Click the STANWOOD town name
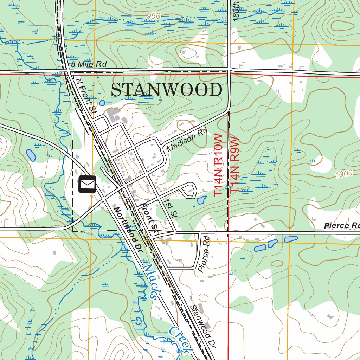click(166, 90)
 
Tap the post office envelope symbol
click(87, 184)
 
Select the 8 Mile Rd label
click(88, 64)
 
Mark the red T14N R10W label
click(219, 165)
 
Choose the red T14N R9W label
click(234, 165)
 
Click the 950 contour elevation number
click(154, 16)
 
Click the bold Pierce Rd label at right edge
click(341, 225)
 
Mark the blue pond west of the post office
click(31, 155)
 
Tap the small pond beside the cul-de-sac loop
click(201, 200)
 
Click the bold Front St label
click(149, 218)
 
